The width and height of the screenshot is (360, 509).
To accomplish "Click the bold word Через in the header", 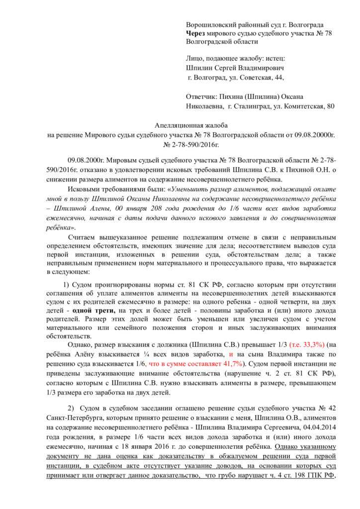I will point(195,33).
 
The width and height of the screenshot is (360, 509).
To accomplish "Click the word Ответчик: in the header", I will point(202,97).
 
